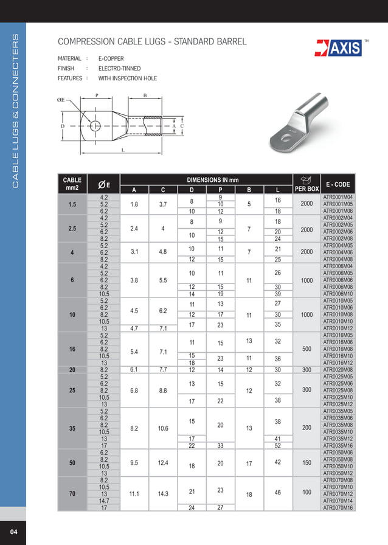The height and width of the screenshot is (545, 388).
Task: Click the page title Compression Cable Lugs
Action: tap(152, 42)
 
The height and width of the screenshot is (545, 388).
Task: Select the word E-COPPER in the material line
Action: tap(111, 59)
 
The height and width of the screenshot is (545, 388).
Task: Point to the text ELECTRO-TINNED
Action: tap(119, 69)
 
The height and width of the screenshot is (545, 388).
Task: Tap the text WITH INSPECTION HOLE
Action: tap(127, 78)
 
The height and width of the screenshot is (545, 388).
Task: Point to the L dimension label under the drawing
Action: tap(123, 150)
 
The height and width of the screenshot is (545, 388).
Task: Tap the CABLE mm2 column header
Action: tap(72, 184)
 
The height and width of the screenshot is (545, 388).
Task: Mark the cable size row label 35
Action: tap(72, 428)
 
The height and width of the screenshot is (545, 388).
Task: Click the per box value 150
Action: tap(307, 462)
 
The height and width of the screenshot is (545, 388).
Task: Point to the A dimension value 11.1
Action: tap(134, 494)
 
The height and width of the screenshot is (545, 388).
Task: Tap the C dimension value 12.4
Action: tap(162, 463)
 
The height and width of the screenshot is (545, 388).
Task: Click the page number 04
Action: tap(13, 533)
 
